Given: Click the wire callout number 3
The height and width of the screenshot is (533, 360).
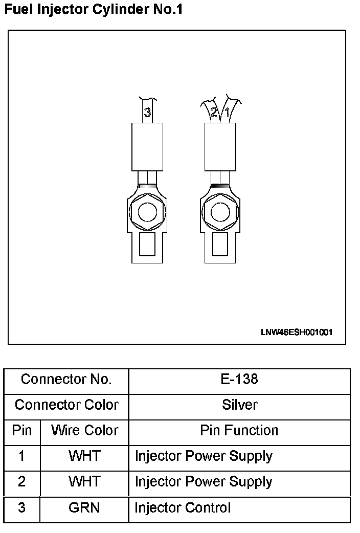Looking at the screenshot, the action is [x=147, y=112].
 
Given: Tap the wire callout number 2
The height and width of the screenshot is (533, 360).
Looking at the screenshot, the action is [x=214, y=112].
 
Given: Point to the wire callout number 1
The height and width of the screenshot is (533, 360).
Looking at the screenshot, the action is [x=226, y=111].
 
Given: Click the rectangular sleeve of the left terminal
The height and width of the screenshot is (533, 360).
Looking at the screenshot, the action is [x=147, y=146].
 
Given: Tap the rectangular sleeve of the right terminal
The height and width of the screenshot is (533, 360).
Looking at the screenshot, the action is [x=220, y=146].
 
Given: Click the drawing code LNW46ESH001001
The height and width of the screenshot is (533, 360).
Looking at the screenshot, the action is [x=297, y=332].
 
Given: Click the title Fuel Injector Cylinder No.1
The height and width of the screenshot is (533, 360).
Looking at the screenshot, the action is [x=93, y=9].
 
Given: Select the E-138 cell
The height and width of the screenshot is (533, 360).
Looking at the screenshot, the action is [x=239, y=380].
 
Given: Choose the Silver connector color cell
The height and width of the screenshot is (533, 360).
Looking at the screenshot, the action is [x=239, y=405].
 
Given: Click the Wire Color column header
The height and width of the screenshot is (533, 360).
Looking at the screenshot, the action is [x=84, y=431].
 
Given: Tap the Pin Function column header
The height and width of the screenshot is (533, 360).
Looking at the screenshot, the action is [x=239, y=431].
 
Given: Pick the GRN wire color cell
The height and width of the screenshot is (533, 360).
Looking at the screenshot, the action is [x=84, y=508].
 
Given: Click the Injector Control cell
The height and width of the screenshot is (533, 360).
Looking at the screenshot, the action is [x=183, y=508].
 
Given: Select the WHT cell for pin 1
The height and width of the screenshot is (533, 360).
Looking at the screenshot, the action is [x=84, y=456].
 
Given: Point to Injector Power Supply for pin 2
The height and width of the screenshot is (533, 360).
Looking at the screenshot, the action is [x=204, y=482].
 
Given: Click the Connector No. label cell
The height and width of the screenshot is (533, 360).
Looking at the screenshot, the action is [x=66, y=380].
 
